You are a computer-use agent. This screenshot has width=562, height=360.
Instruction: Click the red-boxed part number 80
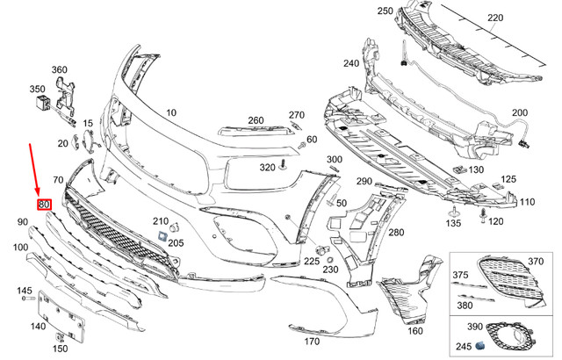pyautogui.click(x=44, y=205)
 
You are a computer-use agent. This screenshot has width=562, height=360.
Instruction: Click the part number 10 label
pyautogui.click(x=169, y=112)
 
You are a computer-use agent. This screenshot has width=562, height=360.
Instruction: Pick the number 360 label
pyautogui.click(x=60, y=69)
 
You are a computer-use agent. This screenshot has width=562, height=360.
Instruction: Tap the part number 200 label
pyautogui.click(x=520, y=112)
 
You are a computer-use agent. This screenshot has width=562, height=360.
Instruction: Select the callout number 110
pyautogui.click(x=526, y=202)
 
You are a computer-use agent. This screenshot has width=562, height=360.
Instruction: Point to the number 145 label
pyautogui.click(x=24, y=292)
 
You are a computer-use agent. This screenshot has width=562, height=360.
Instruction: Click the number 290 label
pyautogui.click(x=364, y=181)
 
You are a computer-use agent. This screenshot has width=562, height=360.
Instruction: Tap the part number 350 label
pyautogui.click(x=37, y=89)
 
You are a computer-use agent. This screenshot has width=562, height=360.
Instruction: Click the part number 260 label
pyautogui.click(x=256, y=120)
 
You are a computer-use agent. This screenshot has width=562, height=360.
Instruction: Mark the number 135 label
pyautogui.click(x=452, y=224)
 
